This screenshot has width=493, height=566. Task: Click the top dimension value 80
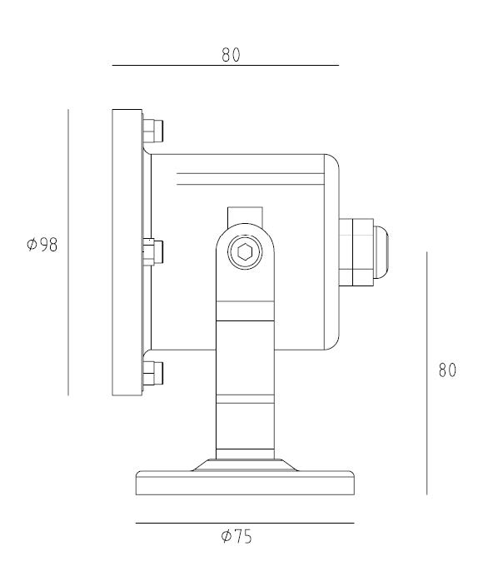tap(231, 55)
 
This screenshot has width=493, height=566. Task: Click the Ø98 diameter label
tap(42, 245)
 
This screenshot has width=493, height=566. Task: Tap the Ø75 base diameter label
tap(237, 536)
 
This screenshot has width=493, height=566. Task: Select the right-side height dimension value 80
tap(447, 370)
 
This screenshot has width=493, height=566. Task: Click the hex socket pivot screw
tap(245, 251)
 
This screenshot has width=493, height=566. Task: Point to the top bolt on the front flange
tap(153, 131)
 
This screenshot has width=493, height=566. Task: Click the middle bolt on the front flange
tap(153, 251)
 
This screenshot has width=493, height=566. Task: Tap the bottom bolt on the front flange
tap(153, 373)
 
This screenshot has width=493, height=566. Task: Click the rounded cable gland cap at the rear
tap(381, 252)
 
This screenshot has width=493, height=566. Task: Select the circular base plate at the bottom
tap(245, 483)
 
